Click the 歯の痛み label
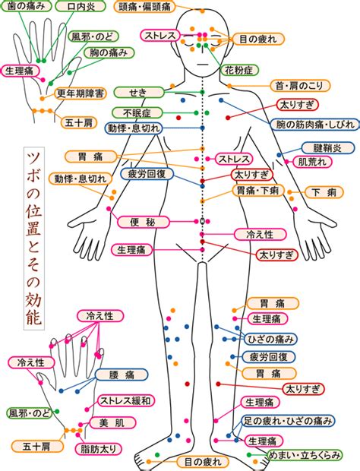point(26,6)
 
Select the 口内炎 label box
point(81,6)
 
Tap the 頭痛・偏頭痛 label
point(144,7)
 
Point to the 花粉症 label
point(239,71)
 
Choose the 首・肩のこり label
point(299,86)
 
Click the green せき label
point(139,92)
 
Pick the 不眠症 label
point(137,113)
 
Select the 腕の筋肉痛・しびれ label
point(315,124)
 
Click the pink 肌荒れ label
point(312,162)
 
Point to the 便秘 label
point(143,222)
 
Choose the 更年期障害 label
point(81,93)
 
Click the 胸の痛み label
point(109,53)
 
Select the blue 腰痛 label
point(122,375)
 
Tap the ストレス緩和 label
point(126,400)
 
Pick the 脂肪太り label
point(98,449)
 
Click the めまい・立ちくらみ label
point(305,455)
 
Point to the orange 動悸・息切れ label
point(81,179)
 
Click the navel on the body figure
point(202,221)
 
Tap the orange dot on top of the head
point(202,11)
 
